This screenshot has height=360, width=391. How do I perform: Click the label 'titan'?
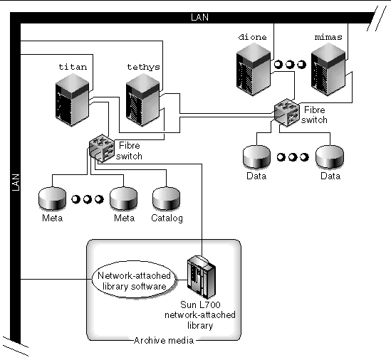[72, 67]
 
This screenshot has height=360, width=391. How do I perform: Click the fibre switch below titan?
[102, 146]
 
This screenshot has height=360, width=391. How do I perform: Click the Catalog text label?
[166, 218]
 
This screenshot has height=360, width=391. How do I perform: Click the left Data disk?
[256, 156]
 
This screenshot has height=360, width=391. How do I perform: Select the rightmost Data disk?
[329, 156]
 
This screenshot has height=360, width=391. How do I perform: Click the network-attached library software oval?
[130, 280]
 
